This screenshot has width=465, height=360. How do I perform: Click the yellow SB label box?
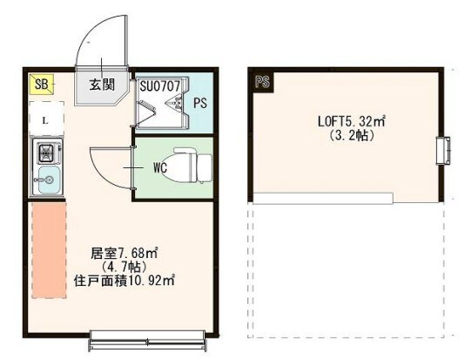[41, 84]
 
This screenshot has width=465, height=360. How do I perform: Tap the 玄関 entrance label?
[102, 85]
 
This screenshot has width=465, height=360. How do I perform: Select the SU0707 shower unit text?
[159, 86]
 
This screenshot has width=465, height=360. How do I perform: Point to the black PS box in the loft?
[261, 83]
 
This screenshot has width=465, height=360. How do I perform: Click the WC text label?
[159, 166]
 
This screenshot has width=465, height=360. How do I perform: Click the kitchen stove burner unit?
[44, 155]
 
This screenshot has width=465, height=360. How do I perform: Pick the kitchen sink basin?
[44, 183]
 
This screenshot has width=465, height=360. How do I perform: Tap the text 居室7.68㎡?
[124, 254]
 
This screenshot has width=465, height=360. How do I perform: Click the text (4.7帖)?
[122, 267]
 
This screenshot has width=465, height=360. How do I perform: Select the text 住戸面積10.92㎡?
[125, 281]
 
